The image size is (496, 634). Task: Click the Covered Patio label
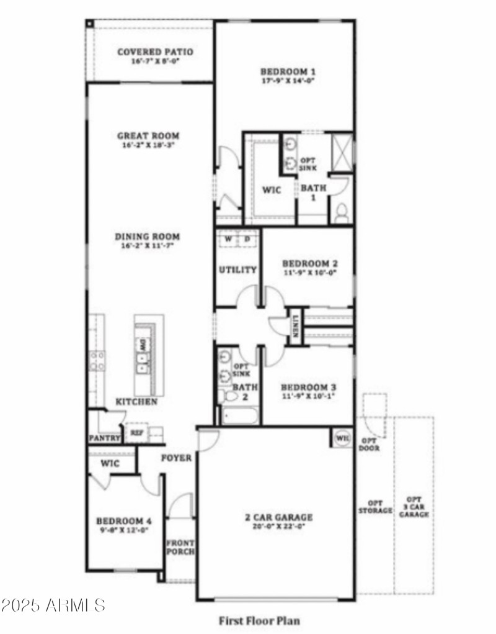[x=155, y=52]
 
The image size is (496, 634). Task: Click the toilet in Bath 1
[x=340, y=213]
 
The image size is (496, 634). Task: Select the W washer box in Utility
[x=228, y=239]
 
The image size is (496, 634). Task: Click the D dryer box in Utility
[x=246, y=239]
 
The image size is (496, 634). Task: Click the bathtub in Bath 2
[x=239, y=414]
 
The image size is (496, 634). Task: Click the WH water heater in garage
[x=342, y=437]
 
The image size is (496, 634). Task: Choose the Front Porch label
[x=180, y=546]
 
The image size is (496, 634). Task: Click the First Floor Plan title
[x=259, y=620]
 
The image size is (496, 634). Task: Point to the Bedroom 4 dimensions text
[x=123, y=531]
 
